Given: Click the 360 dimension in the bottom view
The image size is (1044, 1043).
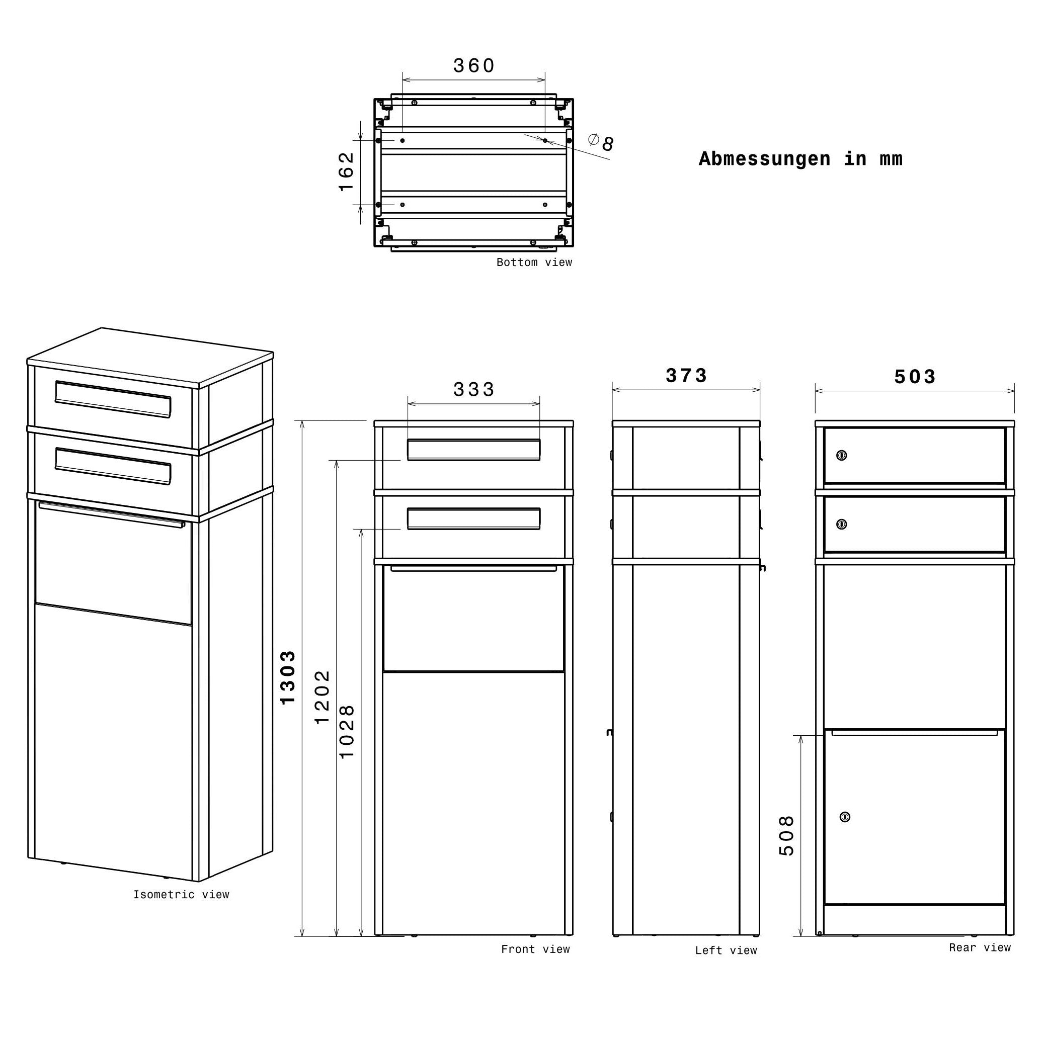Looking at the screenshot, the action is (473, 66).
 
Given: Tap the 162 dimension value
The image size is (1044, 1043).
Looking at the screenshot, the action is (346, 172).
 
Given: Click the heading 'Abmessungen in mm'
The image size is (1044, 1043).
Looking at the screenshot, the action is (800, 159).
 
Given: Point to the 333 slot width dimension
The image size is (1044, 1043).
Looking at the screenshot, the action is (473, 389).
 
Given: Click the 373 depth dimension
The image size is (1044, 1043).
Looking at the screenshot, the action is (686, 375).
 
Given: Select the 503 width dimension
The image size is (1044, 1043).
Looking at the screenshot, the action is (914, 377).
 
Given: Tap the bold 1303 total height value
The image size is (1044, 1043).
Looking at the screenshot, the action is (288, 677).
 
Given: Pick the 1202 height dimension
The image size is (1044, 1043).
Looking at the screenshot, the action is (322, 698).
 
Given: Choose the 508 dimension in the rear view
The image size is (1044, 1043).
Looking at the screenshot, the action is (787, 836).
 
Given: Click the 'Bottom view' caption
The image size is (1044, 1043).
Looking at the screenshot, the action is (534, 263).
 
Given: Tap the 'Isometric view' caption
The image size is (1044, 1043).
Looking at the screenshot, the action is (181, 895).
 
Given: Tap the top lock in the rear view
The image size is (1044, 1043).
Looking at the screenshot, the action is (841, 455).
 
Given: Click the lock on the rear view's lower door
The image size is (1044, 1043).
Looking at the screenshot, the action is (845, 832).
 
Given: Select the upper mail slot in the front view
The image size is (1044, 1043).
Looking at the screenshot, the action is (473, 450).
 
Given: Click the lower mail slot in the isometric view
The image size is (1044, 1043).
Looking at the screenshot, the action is (113, 466).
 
